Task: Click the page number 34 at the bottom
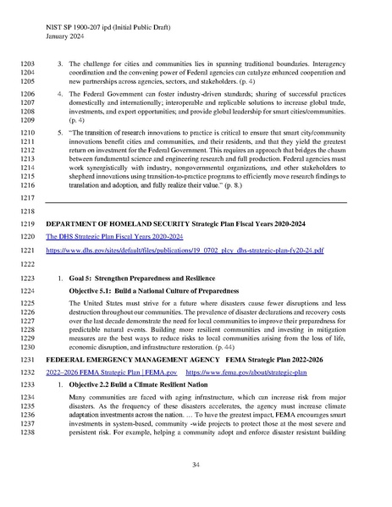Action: click(x=196, y=466)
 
